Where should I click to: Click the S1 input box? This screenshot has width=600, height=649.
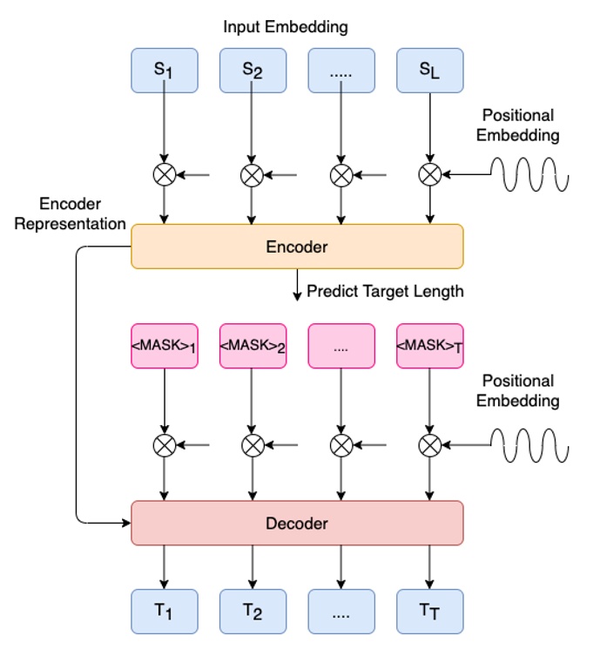pos(165,70)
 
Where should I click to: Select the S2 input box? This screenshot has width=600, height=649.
pos(253,70)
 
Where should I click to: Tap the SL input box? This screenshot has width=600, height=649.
pos(429,70)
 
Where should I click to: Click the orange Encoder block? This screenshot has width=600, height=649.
pos(297,247)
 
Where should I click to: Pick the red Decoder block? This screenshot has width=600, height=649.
pos(297,524)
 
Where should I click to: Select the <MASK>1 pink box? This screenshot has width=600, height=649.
pos(165,347)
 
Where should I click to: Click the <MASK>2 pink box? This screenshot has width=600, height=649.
pos(253,347)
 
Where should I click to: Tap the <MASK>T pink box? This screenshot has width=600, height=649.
pos(429,347)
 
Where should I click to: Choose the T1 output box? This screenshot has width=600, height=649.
pos(165,612)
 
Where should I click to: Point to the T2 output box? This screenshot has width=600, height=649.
pos(253,612)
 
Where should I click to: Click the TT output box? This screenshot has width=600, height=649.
pos(429,612)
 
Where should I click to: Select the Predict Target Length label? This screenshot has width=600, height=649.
pos(385,291)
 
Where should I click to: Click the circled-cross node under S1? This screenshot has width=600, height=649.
pos(165,175)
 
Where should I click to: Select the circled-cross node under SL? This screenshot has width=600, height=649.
pos(429,175)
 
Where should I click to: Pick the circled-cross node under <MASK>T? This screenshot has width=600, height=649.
pos(429,446)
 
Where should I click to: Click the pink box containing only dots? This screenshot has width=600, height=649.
pos(340,347)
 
